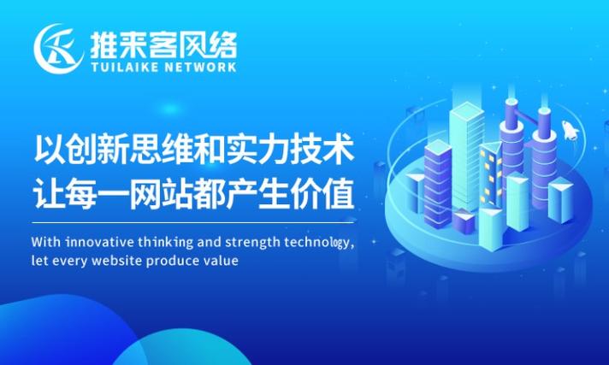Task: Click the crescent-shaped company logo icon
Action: click(x=58, y=49)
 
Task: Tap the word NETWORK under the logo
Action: click(x=200, y=67)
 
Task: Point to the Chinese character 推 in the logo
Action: click(x=104, y=44)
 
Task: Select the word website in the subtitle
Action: click(x=117, y=260)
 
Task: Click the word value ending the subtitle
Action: click(x=221, y=260)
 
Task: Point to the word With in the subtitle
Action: click(x=46, y=242)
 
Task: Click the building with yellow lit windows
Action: click(x=491, y=174)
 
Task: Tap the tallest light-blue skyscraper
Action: click(x=466, y=156)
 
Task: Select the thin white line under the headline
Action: click(x=192, y=223)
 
